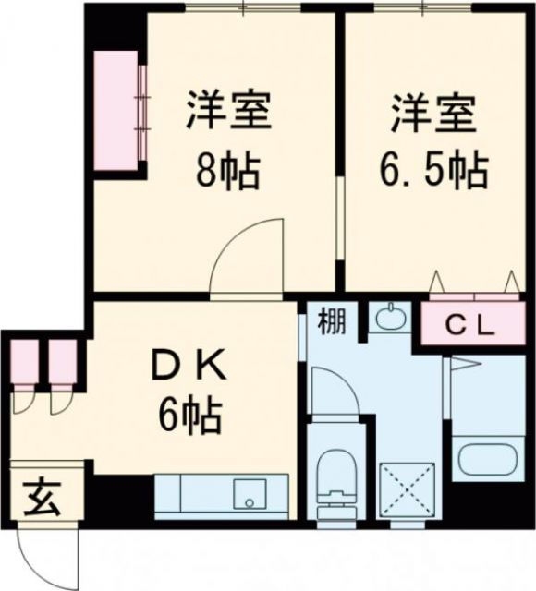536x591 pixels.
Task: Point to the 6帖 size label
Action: (189, 418)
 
